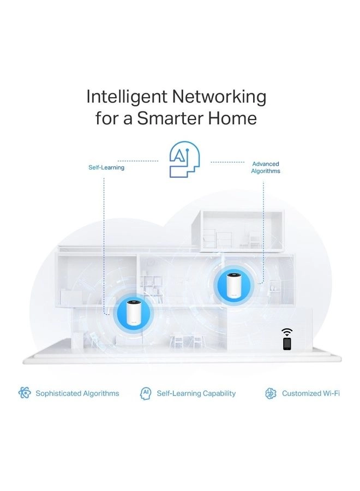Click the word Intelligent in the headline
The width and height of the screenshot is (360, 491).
[127, 97]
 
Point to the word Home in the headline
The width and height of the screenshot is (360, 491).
[232, 118]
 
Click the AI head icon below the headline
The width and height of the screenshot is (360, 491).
[184, 159]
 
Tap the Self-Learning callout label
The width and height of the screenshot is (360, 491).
[106, 167]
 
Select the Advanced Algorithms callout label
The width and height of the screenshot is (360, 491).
[266, 167]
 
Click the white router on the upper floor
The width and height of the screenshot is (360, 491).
[232, 285]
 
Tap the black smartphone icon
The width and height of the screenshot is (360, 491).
[287, 344]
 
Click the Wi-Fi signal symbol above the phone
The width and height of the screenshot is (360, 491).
[287, 332]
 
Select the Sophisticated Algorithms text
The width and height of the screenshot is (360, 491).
[77, 393]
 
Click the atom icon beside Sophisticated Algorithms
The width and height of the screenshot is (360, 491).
[25, 393]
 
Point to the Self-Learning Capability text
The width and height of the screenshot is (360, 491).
[196, 393]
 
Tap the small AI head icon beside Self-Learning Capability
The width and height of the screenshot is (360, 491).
[145, 393]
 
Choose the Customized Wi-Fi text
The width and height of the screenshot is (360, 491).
[311, 393]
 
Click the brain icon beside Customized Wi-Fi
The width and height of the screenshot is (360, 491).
[271, 393]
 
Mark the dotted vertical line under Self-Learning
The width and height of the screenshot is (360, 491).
[104, 246]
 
